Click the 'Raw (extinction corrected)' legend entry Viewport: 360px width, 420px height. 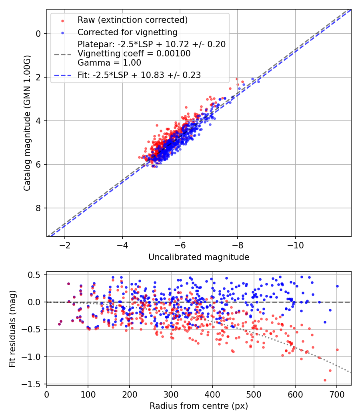click(132, 20)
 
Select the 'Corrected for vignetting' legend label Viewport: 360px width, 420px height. click(127, 32)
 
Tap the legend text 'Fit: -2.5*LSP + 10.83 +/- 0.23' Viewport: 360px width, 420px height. click(139, 75)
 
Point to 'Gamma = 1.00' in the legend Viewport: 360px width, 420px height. click(109, 62)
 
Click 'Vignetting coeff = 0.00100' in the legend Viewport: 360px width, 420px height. click(134, 54)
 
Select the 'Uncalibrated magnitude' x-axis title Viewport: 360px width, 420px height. click(199, 257)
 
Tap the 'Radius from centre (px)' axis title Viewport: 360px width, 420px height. click(199, 406)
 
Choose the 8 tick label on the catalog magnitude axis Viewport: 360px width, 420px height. click(38, 208)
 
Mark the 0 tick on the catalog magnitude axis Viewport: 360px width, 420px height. click(38, 34)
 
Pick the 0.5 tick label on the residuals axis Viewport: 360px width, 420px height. click(36, 275)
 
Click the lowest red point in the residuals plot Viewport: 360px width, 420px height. click(325, 380)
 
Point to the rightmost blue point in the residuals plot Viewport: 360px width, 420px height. click(337, 286)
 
